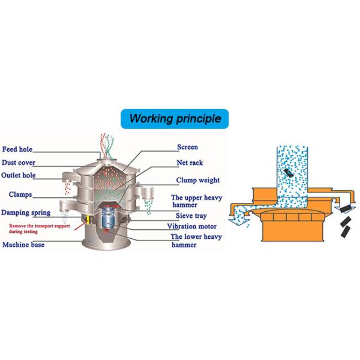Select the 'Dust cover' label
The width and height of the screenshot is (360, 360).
pos(19,163)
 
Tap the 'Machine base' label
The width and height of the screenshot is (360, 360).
pos(23,245)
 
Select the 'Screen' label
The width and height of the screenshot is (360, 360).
pos(187,147)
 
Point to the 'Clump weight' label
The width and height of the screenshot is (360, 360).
pos(197,180)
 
